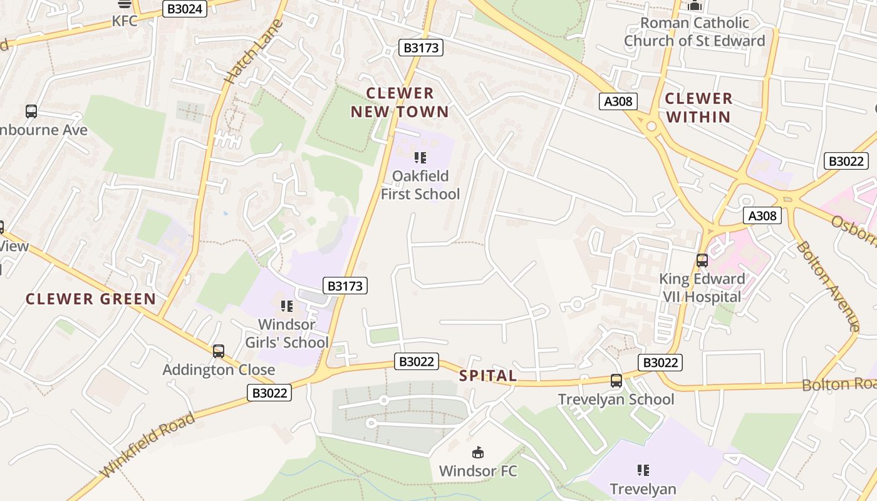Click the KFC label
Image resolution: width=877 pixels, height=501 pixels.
click(x=125, y=21)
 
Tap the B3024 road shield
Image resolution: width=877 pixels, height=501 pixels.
click(x=185, y=9)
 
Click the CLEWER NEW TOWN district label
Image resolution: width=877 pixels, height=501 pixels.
click(x=400, y=103)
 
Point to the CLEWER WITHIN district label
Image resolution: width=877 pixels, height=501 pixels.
click(x=698, y=108)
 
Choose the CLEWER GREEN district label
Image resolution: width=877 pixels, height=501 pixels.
click(x=91, y=299)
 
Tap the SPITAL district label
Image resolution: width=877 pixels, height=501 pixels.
click(x=488, y=376)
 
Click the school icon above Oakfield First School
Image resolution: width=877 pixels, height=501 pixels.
click(x=420, y=158)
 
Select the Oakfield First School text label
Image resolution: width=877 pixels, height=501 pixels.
click(x=420, y=185)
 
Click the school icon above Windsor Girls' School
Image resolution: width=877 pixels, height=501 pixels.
click(x=287, y=306)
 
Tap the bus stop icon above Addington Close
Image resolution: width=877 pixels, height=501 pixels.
click(x=219, y=351)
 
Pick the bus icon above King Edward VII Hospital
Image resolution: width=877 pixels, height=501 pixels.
click(x=702, y=261)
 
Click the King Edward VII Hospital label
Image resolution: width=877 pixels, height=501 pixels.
click(x=702, y=287)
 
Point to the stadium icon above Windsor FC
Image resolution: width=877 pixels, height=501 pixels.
click(x=478, y=452)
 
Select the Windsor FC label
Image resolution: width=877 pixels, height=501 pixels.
click(x=478, y=471)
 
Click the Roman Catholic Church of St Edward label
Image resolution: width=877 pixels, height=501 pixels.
click(x=694, y=32)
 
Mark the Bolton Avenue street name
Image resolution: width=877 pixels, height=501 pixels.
click(x=828, y=286)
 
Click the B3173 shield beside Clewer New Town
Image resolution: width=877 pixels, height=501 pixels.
click(x=421, y=48)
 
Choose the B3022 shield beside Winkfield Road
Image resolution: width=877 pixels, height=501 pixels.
click(x=269, y=393)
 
